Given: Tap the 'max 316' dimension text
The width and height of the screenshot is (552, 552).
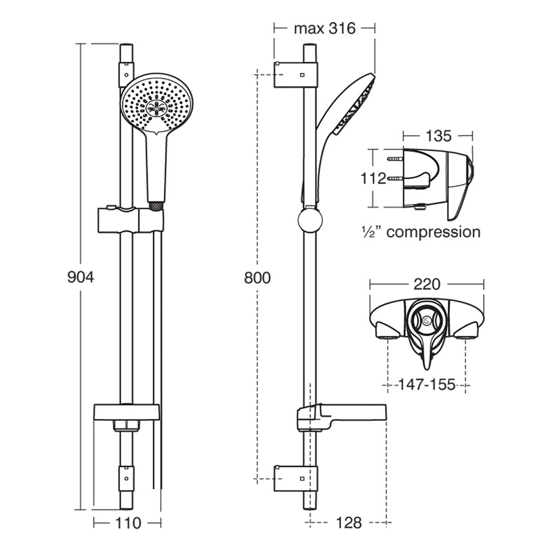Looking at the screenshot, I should point(324,29).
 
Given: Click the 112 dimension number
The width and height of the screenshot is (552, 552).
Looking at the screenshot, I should point(373,179).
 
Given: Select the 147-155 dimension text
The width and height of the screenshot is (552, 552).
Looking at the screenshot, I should point(428,384).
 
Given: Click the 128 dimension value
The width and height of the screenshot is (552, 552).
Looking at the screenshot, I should point(349,523).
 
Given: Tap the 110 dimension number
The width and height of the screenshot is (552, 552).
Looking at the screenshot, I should point(127,523).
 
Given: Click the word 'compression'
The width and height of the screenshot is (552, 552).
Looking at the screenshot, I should point(433,232).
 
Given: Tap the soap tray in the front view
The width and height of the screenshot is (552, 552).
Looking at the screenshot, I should point(128,413).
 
